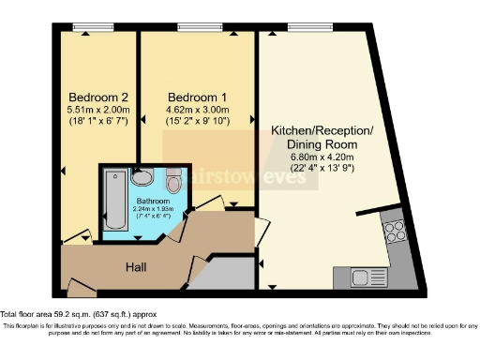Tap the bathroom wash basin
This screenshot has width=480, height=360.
[142, 177]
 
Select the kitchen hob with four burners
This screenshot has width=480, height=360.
[394, 230]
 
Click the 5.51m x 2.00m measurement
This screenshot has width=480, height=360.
[96, 110]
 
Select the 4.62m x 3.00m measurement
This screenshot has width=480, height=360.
[194, 110]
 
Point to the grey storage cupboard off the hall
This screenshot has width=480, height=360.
[229, 275]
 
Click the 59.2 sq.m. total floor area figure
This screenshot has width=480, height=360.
[78, 313]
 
